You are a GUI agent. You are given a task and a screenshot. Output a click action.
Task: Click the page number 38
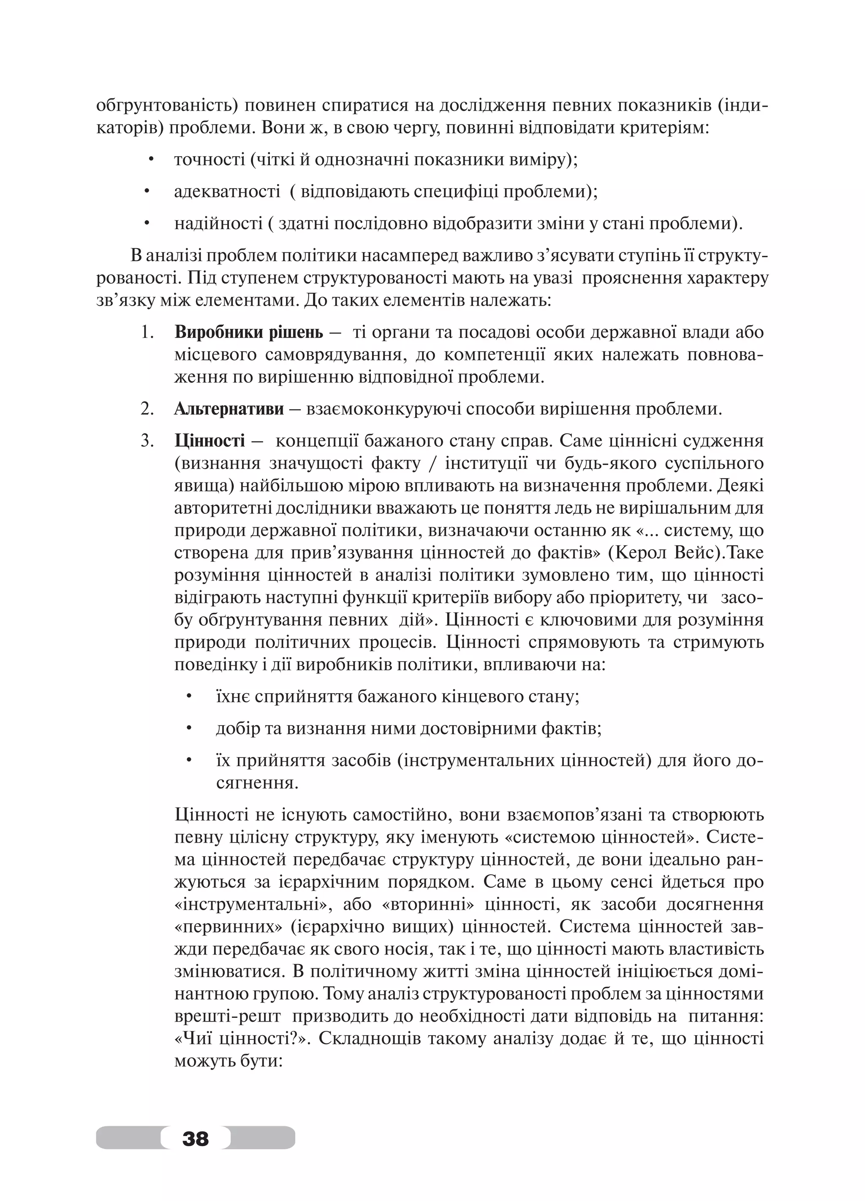[196, 1138]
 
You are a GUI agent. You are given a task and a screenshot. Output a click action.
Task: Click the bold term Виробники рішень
[248, 333]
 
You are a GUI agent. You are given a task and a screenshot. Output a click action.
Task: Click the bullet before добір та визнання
[188, 729]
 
